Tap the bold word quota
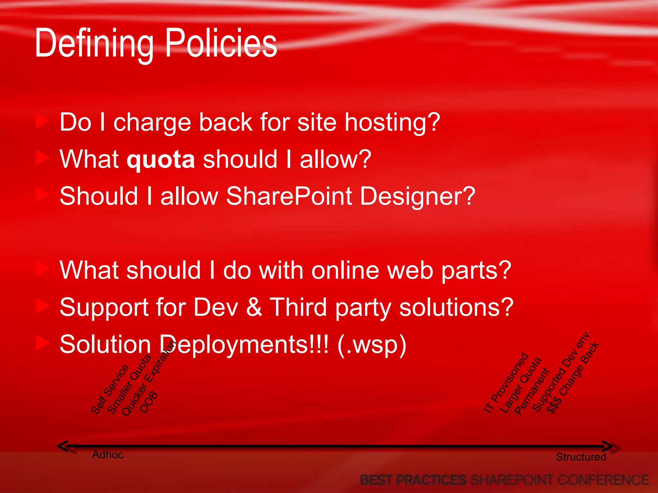[161, 160]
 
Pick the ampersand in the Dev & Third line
[254, 307]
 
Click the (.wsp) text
[372, 344]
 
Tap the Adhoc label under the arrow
[108, 455]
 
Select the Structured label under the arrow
[581, 457]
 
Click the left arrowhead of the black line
[63, 446]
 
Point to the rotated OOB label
[149, 402]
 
